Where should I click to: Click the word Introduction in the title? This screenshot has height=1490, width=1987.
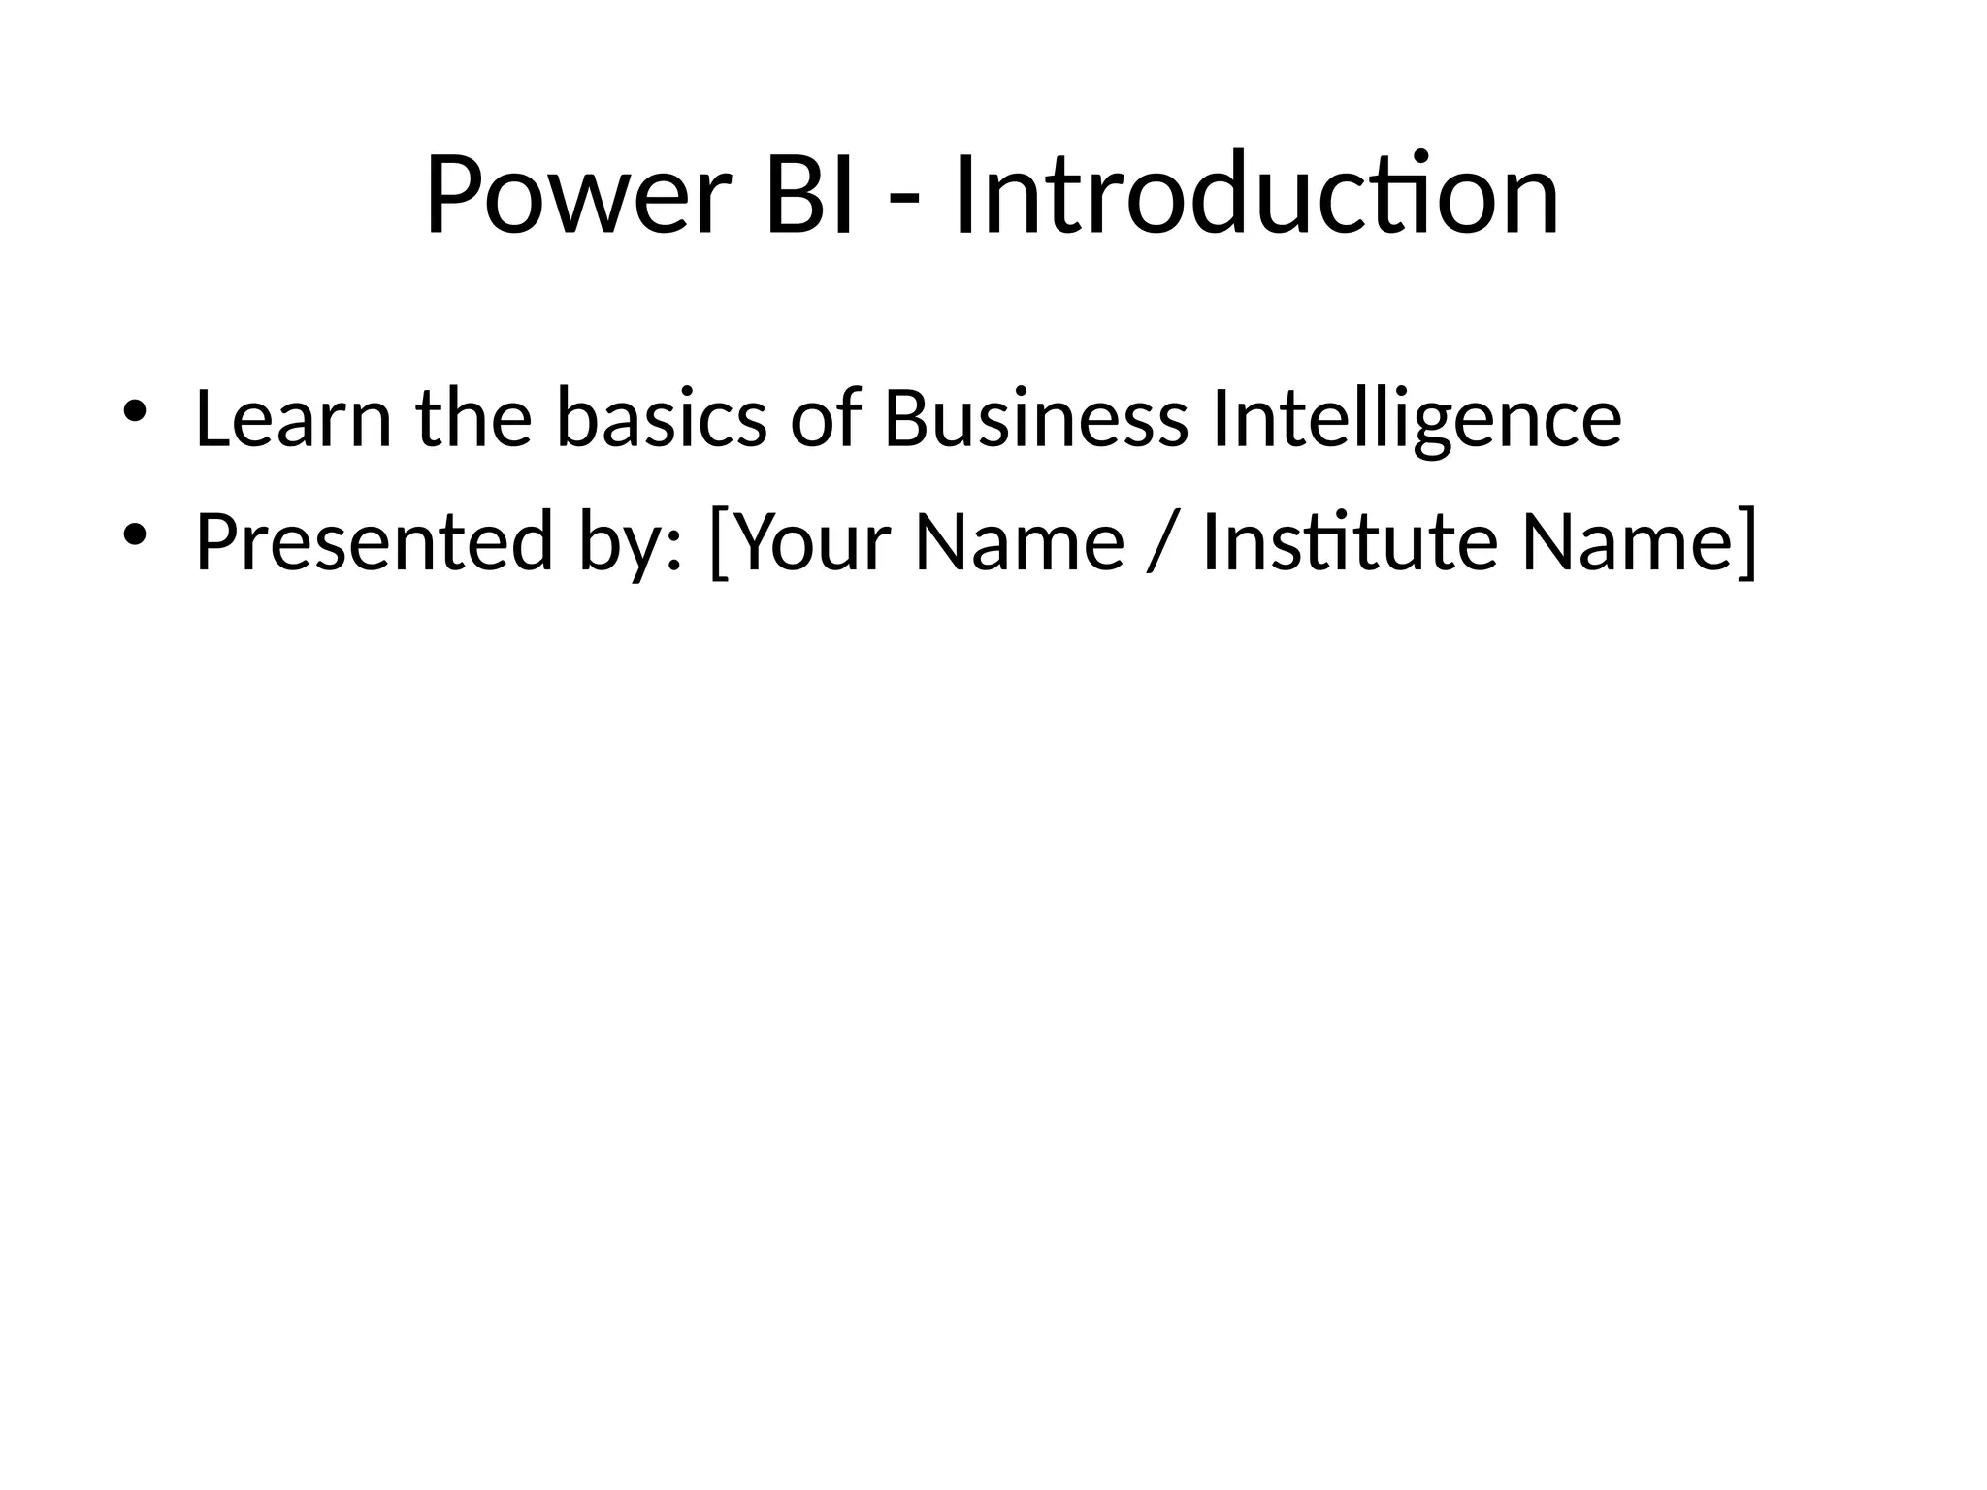1256,196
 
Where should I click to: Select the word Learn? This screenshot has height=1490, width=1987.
293,419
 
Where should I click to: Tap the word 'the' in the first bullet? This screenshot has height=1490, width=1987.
474,419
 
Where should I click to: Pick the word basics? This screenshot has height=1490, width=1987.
662,419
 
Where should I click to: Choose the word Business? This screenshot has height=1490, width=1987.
1036,419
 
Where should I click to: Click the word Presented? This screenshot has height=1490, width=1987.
374,542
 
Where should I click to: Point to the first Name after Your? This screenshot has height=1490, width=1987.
1020,542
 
